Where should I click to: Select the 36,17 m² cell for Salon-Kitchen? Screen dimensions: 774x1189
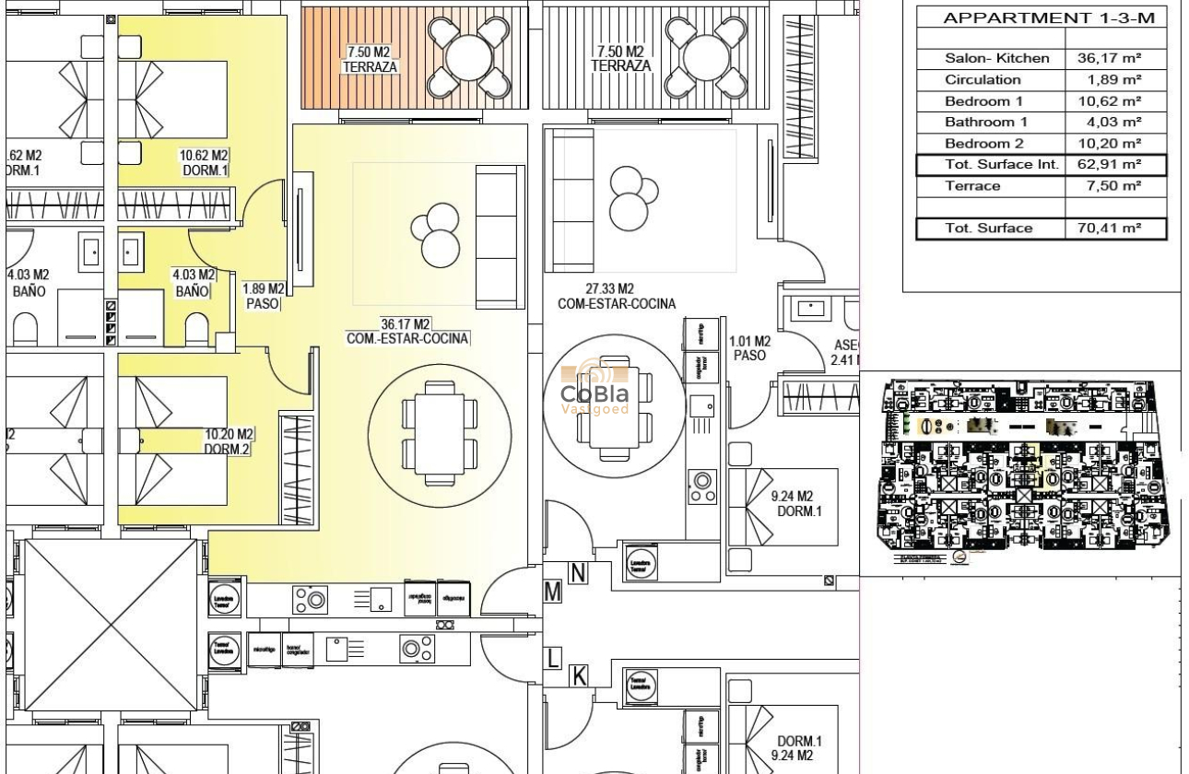1109,58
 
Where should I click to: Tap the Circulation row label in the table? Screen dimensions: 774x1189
983,80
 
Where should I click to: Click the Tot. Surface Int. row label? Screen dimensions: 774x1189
989,165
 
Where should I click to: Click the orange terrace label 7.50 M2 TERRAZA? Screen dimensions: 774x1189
369,60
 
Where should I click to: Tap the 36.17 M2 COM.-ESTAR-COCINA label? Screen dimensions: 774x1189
407,332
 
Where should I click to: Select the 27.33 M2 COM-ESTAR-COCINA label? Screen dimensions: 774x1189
616,297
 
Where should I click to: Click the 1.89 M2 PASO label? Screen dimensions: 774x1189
263,296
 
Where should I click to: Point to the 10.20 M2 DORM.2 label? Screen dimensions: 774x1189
229,441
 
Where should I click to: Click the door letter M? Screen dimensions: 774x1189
553,592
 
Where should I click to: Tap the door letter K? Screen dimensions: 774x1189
579,676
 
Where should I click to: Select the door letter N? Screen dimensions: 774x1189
578,573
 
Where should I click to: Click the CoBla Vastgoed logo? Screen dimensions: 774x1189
595,388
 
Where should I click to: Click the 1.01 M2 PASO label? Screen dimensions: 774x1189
749,347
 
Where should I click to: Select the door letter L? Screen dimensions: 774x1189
553,658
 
